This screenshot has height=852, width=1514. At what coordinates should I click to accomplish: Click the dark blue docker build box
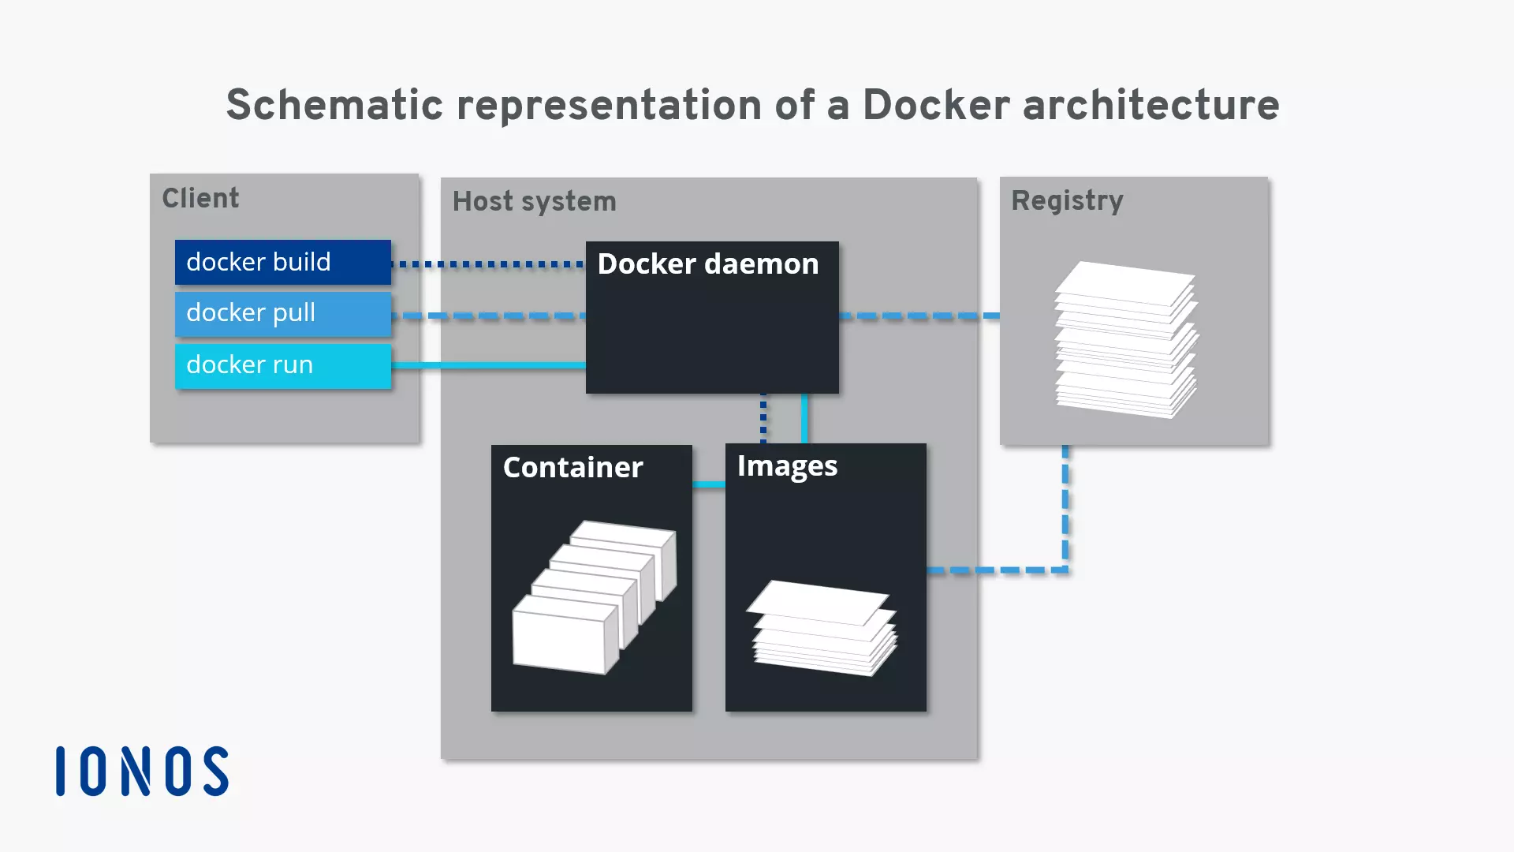282,262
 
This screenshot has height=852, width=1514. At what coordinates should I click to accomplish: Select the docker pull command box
282,313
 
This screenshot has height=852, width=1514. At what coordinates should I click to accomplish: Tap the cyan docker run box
282,365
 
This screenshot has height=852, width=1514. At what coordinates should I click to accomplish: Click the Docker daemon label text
707,263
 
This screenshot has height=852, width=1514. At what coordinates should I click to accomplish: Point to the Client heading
200,198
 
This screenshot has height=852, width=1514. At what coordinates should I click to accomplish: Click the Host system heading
534,201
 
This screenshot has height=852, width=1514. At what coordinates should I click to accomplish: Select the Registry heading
1066,200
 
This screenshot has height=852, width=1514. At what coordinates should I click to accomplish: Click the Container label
572,467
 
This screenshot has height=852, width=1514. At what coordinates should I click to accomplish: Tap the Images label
787,466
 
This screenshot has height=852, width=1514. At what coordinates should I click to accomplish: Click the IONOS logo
142,771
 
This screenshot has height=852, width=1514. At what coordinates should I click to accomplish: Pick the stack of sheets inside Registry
1126,339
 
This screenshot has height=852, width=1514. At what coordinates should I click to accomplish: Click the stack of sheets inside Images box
822,628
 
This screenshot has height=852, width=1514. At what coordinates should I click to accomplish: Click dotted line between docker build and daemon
488,264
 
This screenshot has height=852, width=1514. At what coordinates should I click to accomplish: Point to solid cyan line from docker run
488,365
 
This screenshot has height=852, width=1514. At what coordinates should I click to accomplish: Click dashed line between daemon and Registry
919,316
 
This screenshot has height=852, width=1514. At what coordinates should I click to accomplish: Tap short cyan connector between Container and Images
708,484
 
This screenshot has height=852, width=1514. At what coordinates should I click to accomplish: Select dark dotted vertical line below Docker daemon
763,418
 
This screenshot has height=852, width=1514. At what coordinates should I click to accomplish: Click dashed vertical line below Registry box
1065,505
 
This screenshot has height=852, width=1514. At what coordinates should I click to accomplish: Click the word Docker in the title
935,105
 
